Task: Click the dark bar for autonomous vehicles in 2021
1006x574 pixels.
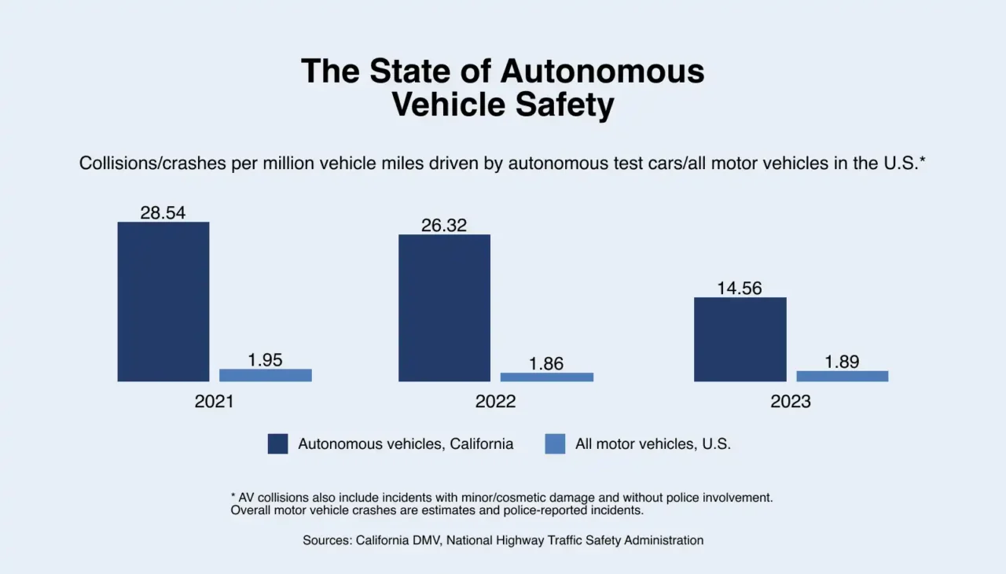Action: [x=163, y=302]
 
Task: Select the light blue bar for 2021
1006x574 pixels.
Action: [x=265, y=375]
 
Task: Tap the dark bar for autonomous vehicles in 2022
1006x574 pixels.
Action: [x=444, y=308]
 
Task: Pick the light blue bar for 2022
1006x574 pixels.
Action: [x=546, y=377]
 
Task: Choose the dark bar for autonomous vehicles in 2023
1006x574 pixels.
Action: [x=740, y=340]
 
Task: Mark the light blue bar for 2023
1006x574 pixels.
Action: [x=842, y=376]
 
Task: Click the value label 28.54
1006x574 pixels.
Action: [x=163, y=212]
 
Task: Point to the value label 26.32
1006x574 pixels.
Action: [x=444, y=225]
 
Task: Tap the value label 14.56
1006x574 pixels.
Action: [x=740, y=288]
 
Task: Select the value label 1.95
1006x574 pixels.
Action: [x=265, y=360]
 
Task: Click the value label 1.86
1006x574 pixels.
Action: [x=546, y=363]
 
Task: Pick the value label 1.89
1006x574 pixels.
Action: [x=842, y=362]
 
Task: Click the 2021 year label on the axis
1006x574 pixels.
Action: [x=215, y=401]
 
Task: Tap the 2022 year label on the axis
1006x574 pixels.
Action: [x=495, y=401]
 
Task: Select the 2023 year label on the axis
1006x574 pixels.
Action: [x=791, y=401]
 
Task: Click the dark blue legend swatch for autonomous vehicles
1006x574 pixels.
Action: [x=277, y=443]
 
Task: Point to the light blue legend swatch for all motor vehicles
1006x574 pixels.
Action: [x=555, y=443]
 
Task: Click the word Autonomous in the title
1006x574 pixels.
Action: [x=603, y=71]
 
